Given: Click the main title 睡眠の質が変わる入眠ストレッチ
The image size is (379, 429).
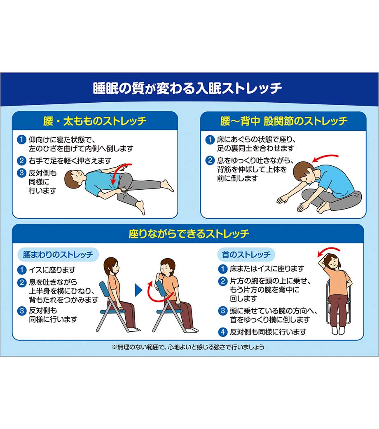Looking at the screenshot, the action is (187, 88).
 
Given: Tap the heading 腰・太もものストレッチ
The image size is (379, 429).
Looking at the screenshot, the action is (95, 121).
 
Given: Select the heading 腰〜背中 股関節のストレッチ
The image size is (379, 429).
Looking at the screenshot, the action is (284, 121).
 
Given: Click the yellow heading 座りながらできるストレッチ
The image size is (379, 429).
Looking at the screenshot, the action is (189, 233).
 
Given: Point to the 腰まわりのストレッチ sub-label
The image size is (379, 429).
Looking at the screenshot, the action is (58, 255).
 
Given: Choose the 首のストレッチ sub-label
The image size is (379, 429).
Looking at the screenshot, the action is (246, 255).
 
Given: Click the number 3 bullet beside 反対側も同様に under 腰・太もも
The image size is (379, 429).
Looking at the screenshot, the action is (21, 173).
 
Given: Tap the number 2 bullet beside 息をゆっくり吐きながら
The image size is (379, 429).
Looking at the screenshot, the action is (210, 160).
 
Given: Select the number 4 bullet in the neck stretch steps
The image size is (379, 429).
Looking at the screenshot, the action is (223, 332).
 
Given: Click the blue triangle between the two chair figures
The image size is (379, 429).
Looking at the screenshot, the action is (138, 290).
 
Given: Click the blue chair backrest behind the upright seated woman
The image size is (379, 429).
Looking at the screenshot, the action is (105, 292).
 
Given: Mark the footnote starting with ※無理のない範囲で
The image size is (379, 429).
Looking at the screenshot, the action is (188, 347).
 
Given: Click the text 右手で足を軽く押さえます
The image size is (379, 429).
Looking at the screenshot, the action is (70, 160).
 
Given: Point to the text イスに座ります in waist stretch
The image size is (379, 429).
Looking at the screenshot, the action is (52, 270).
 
